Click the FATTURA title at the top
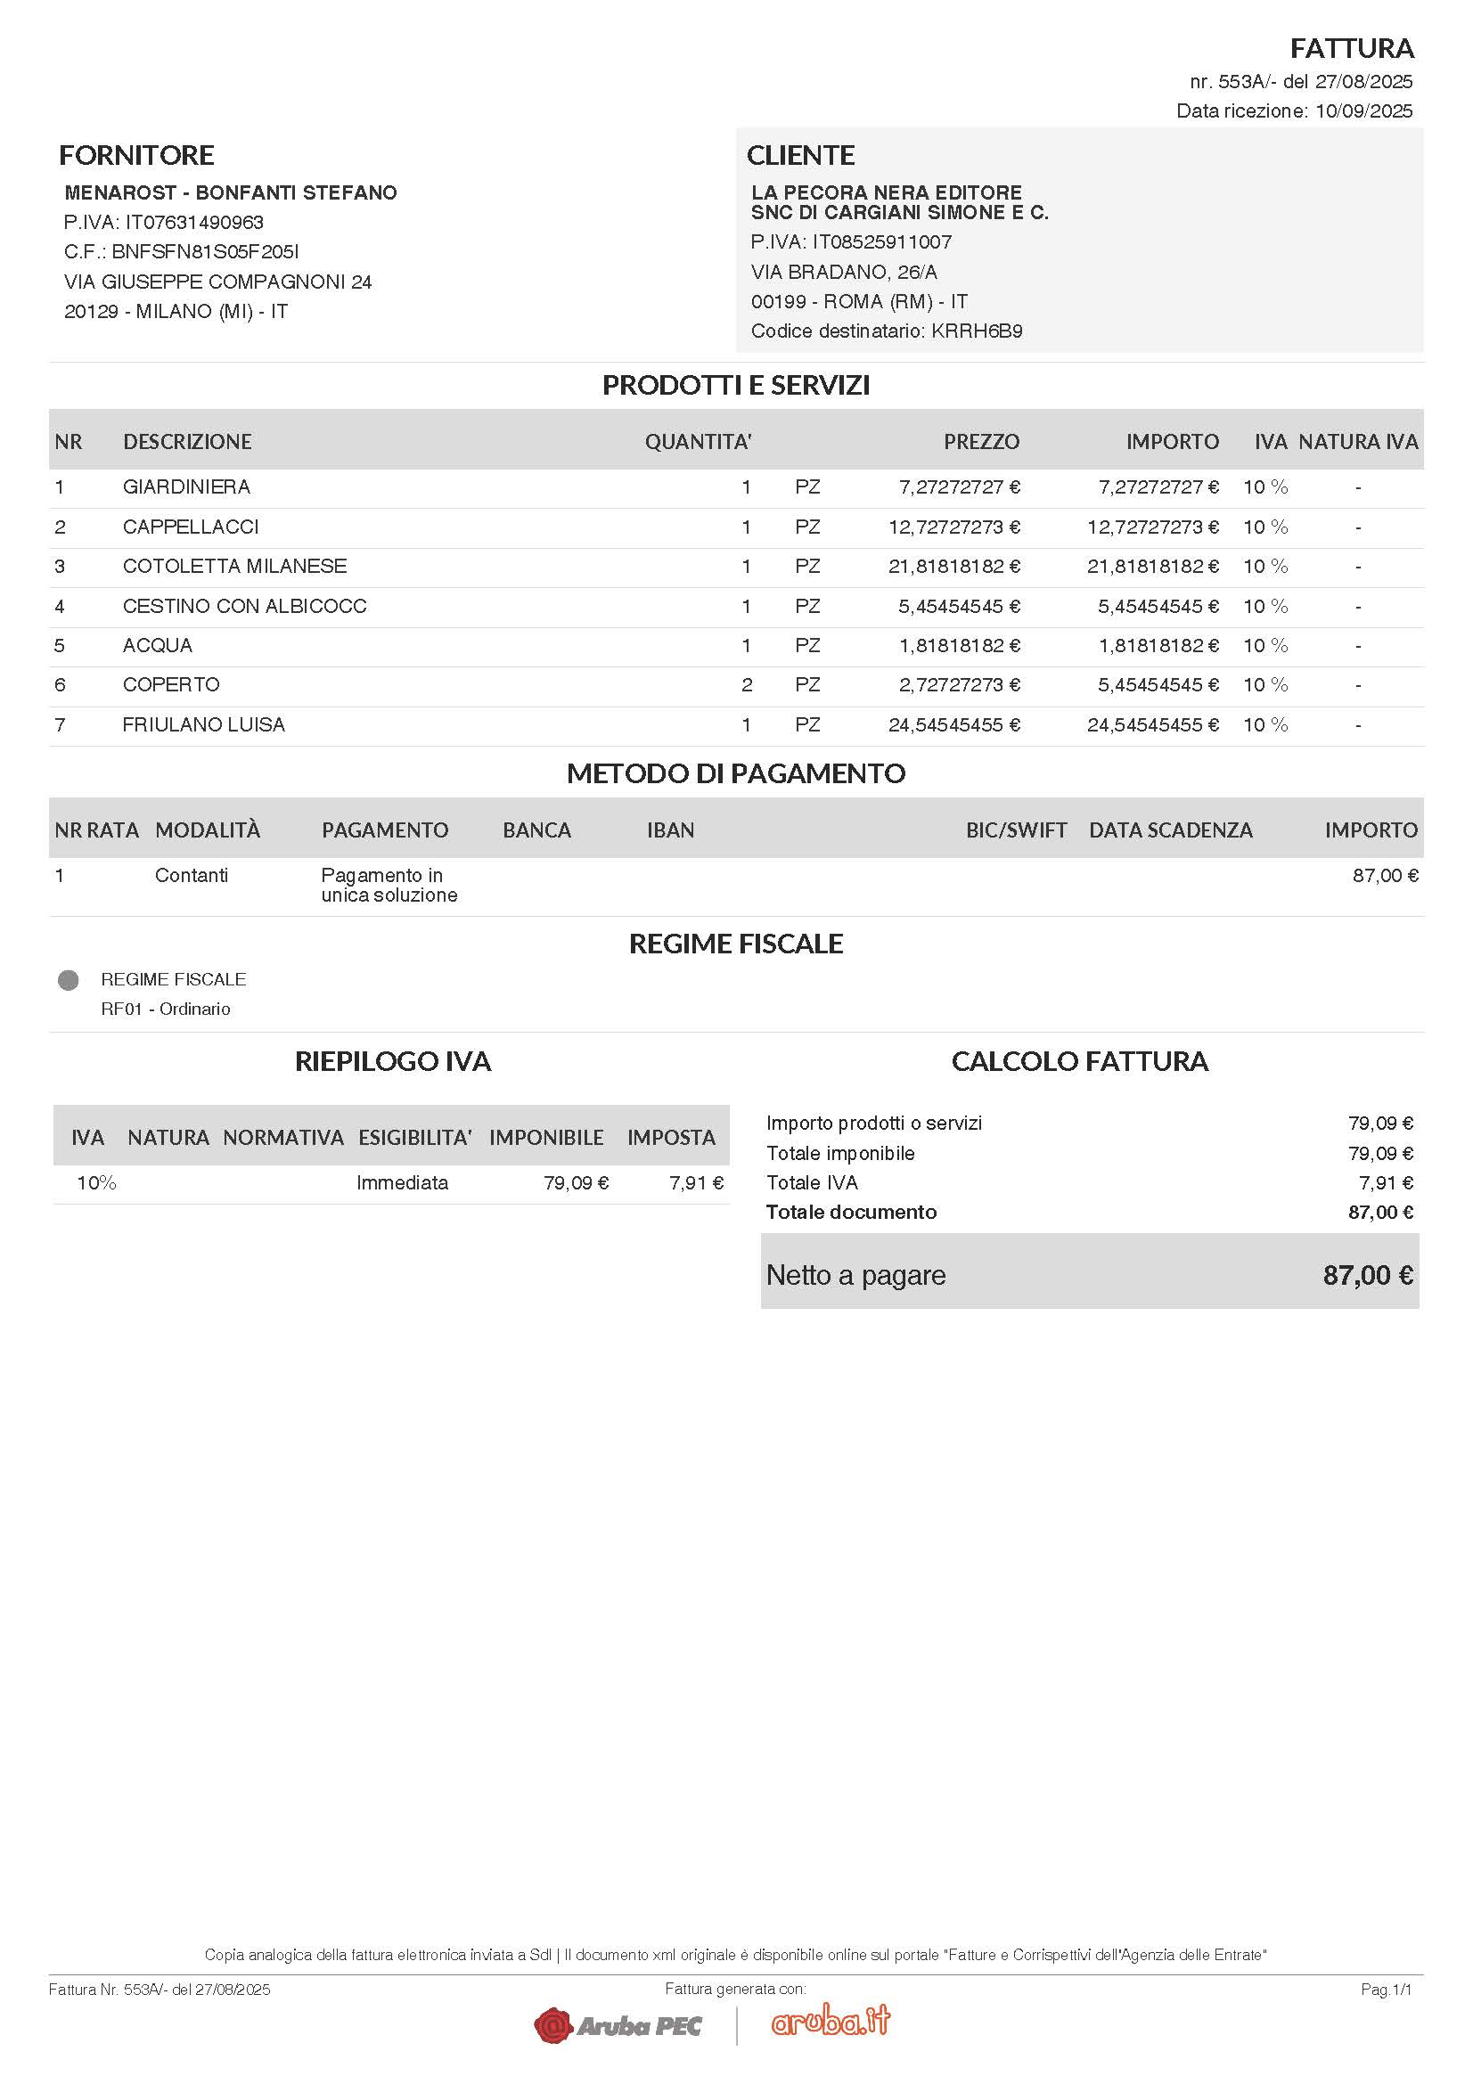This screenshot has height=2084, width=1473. coord(1352,48)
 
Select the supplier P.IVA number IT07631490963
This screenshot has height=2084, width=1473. coord(194,223)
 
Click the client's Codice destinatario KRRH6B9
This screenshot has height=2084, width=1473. coord(977,331)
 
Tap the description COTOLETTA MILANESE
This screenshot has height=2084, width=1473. coord(234,567)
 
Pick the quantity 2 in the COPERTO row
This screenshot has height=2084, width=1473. coord(746,685)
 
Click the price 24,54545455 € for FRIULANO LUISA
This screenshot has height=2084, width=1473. coord(953,725)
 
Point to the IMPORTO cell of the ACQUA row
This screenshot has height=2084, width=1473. coord(1158,645)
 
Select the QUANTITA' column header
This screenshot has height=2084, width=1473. coord(697,442)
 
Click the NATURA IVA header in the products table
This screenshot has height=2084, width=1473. coord(1357,442)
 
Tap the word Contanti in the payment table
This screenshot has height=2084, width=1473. coord(192,876)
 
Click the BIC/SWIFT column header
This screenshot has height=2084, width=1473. coord(1016,830)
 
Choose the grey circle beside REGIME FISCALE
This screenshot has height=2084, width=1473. coord(68,980)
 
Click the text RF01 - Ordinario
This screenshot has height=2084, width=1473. coord(165,1009)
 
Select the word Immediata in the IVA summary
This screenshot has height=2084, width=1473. coord(402,1182)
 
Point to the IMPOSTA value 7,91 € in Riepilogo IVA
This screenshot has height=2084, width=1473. coord(696,1182)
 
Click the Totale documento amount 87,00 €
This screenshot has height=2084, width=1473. coord(1379,1213)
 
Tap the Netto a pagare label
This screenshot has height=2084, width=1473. coord(855,1275)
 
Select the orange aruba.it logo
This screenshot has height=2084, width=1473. coord(831,2020)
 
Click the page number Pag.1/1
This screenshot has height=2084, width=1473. coord(1385,1990)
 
